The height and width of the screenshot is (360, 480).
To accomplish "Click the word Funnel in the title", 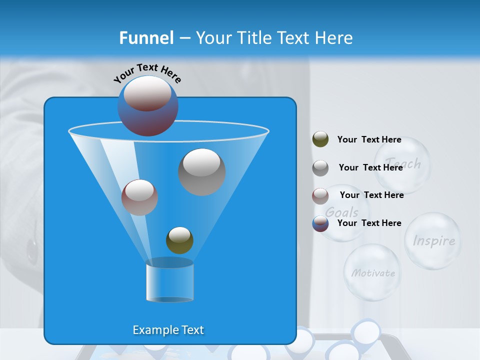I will pos(146,38).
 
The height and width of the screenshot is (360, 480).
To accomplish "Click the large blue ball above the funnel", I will pos(147,105).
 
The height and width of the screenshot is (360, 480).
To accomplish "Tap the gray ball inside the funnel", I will pos(202,172).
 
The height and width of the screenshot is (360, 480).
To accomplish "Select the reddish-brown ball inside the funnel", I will pos(139,197).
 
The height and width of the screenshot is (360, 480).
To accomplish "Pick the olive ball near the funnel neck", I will pos(179,240).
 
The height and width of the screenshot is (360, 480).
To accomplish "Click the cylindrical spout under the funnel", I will pos(169,283).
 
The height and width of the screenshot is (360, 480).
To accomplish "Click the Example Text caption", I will pos(168,330).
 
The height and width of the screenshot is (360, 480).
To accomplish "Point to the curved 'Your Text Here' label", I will pos(147,72).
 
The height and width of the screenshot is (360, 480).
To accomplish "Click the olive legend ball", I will pos(320,139).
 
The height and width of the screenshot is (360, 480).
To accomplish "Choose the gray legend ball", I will pos(320,168).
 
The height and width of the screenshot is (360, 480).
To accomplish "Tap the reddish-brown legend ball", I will pos(320,195).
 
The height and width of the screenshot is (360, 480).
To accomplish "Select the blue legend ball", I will pos(320,223).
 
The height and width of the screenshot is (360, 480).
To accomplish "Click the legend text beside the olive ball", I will pos(369,139).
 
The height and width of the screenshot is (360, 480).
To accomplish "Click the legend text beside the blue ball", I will pos(369,223).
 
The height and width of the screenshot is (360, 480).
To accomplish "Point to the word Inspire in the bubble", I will pos(433,241).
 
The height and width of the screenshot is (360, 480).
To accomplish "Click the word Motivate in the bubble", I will pos(373,273).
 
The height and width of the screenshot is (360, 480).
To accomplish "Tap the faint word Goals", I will pos(342,212).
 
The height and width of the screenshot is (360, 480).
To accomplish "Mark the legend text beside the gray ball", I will pos(370,167).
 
